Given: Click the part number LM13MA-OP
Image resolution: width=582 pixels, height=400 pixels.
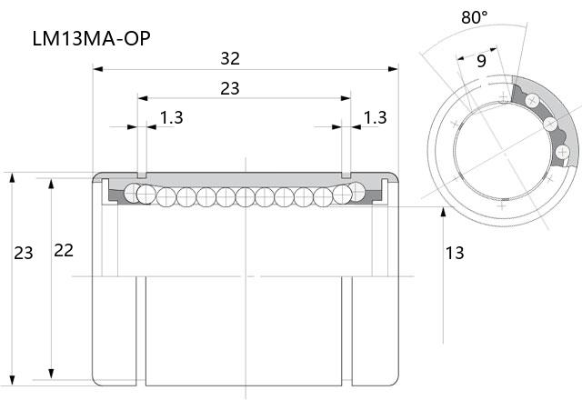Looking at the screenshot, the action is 91,38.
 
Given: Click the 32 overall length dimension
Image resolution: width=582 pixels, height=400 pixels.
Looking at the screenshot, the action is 230,58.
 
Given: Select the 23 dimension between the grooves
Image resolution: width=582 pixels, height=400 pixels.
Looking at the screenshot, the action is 230,88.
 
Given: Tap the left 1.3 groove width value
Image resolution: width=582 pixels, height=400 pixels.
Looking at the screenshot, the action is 172,117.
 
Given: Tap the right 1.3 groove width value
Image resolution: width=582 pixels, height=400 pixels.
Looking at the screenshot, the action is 376,117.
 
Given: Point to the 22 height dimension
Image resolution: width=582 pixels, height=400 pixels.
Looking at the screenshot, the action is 64,251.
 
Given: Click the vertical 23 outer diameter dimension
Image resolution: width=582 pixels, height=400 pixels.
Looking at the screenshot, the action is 24,253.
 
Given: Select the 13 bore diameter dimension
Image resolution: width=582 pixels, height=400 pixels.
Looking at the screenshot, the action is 455,253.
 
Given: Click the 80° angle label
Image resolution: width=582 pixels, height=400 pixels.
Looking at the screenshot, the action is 475,17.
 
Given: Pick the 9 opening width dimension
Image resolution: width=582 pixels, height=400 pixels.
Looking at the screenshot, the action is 481,61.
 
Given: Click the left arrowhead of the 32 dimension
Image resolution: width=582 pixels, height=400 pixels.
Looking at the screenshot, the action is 97,69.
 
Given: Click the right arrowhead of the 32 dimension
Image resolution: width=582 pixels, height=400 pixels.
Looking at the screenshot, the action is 393,69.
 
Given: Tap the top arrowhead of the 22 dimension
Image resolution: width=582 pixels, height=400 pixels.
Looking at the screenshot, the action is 51,184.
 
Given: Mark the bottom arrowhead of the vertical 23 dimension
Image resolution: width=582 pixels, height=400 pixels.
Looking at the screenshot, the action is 12,380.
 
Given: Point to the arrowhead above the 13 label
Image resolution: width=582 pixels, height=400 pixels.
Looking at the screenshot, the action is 443,212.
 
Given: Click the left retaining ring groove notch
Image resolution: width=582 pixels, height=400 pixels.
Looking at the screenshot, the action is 142,175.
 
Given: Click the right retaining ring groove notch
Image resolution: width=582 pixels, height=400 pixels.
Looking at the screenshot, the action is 346,175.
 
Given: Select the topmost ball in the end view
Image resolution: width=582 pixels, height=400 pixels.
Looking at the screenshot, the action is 532,100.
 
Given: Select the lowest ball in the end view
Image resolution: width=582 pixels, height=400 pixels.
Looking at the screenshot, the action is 563,152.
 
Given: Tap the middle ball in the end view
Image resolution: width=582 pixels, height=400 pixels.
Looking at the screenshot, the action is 550,124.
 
